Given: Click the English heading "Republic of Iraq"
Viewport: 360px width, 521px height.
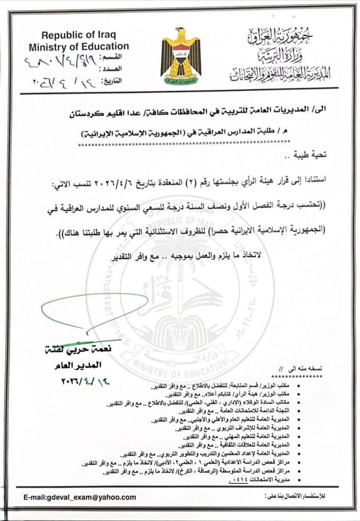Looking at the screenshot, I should (78, 36).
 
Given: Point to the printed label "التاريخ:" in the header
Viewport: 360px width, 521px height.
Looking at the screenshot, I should (113, 81).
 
